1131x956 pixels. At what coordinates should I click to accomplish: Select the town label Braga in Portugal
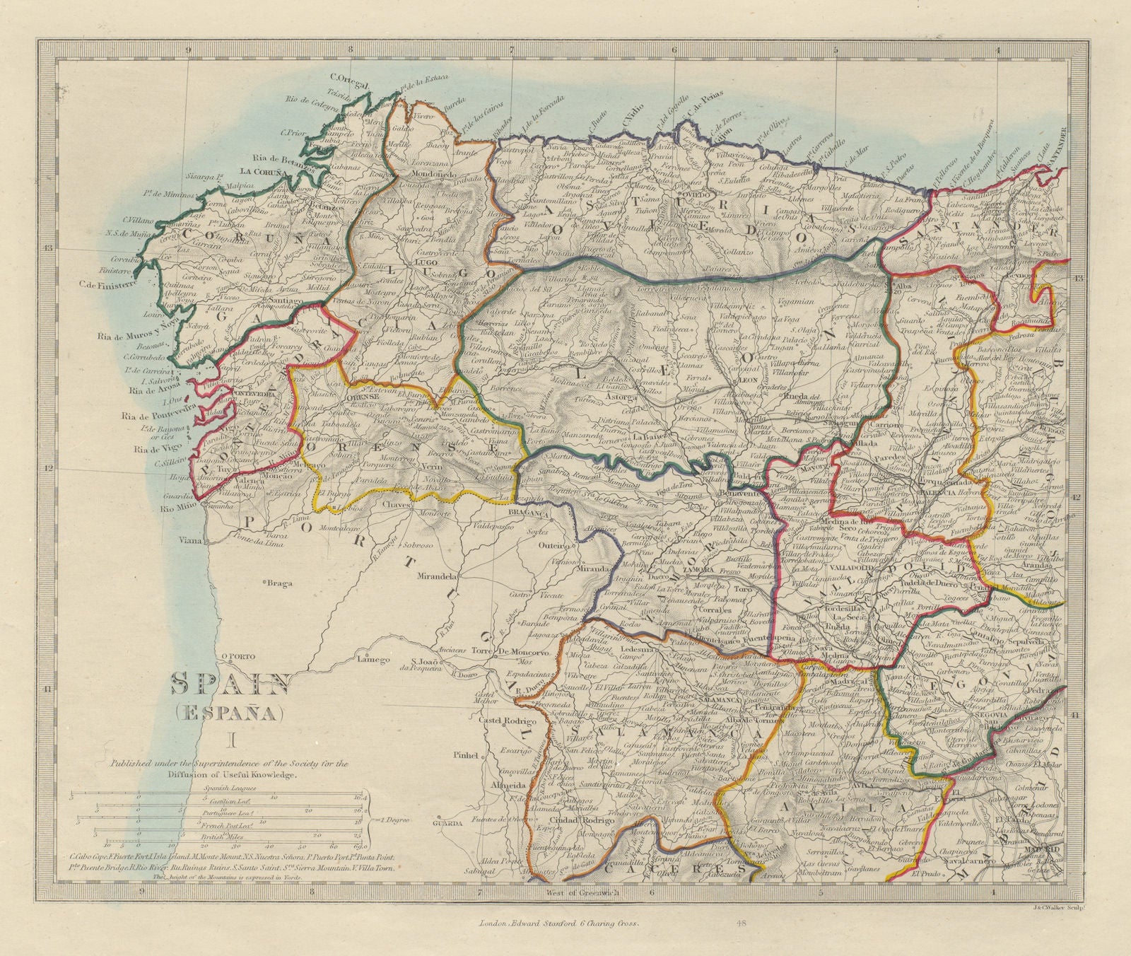(x=279, y=583)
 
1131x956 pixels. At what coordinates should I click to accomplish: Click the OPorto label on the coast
(x=238, y=655)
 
